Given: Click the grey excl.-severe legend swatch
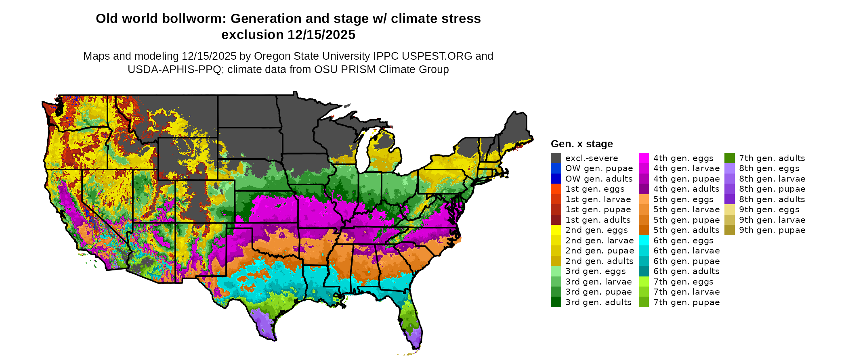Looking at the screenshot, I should pyautogui.click(x=556, y=158).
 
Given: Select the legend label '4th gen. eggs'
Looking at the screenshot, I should pyautogui.click(x=683, y=158).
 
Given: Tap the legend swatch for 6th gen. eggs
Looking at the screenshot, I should pyautogui.click(x=644, y=241).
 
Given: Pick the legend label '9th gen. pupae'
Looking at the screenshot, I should pyautogui.click(x=772, y=230).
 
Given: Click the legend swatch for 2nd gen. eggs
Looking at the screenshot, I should pyautogui.click(x=556, y=230).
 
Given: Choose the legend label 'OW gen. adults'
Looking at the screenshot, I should pyautogui.click(x=599, y=179).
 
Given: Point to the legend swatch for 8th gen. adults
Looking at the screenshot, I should pyautogui.click(x=729, y=199).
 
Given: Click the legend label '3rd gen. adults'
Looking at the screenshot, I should pyautogui.click(x=598, y=302).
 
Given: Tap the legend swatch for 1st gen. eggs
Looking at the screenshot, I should pyautogui.click(x=556, y=189).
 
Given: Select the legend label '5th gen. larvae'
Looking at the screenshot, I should pyautogui.click(x=686, y=209).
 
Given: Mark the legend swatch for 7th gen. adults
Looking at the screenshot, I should pyautogui.click(x=729, y=158).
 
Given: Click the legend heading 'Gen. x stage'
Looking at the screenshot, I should pyautogui.click(x=581, y=144).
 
